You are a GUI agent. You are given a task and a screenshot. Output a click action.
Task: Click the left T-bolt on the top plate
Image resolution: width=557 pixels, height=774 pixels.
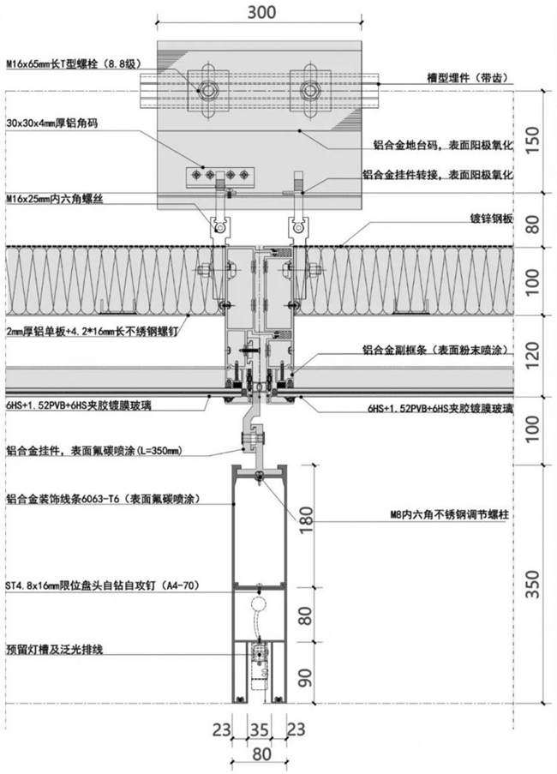click(x=208, y=87)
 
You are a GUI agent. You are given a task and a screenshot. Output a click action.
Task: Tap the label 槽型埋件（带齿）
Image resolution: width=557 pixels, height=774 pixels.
click(x=470, y=78)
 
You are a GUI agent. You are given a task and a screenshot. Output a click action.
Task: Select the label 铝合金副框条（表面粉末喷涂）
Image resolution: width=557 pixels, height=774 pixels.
click(x=439, y=351)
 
